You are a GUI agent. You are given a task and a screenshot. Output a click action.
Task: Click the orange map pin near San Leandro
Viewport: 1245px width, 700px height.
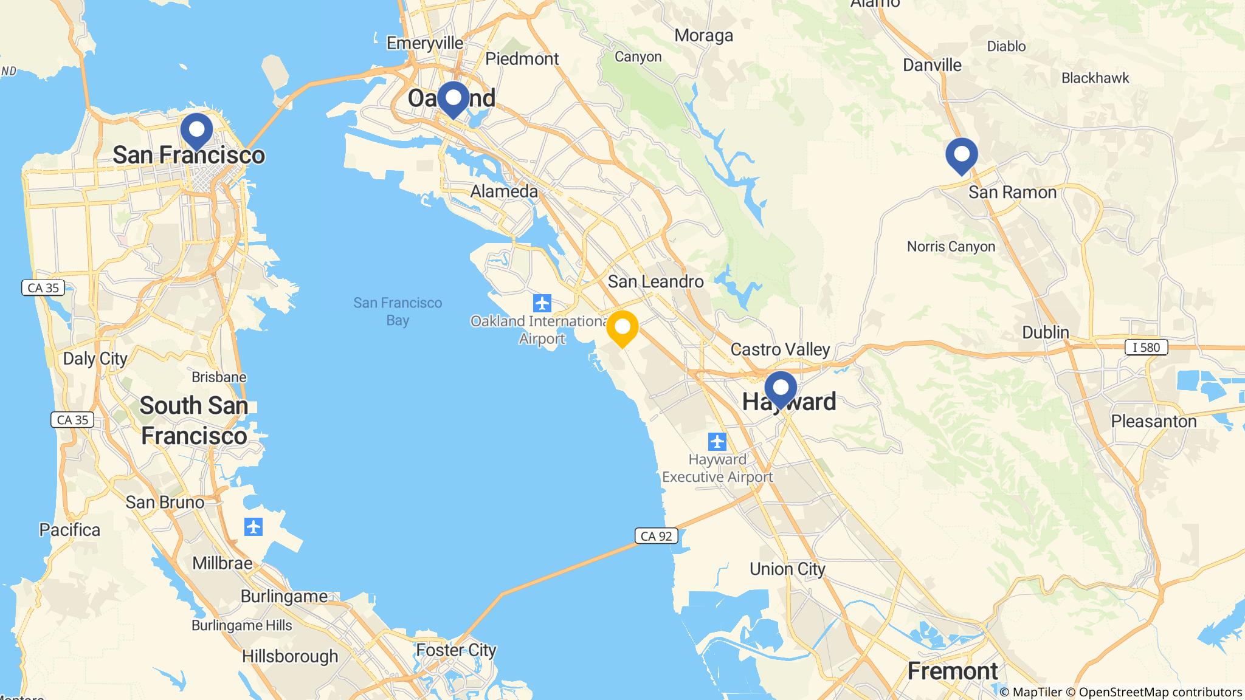coord(622,328)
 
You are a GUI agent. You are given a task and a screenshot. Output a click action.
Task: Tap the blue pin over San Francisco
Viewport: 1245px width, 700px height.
coord(197,131)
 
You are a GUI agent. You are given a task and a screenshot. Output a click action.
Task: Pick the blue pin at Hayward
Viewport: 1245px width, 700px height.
coord(781,389)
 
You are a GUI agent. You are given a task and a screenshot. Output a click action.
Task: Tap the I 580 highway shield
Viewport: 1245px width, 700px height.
coord(1147,348)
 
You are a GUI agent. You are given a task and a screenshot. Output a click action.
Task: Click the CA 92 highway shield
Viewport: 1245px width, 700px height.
coord(657,536)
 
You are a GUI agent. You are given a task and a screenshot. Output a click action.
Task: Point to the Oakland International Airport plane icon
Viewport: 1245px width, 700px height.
coord(542,302)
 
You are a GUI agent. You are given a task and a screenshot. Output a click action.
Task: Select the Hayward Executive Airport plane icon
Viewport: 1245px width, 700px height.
coord(717,441)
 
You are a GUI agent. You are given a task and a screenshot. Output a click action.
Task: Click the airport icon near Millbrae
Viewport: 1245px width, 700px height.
coord(253,527)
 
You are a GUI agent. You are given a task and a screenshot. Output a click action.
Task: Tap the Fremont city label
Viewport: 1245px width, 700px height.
coord(953,671)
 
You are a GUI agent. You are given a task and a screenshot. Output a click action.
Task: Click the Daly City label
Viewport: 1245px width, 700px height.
coord(95,359)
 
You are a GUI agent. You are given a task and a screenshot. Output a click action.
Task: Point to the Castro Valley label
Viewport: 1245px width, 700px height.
coord(780,349)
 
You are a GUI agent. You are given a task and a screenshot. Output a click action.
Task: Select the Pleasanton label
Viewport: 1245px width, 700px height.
coord(1153,421)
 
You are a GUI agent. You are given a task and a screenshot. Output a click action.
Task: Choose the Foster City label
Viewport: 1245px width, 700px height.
coord(456,650)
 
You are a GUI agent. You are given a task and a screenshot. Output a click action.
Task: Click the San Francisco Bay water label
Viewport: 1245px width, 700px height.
coord(398,311)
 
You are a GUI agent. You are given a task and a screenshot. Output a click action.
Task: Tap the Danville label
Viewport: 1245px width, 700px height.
coord(932,65)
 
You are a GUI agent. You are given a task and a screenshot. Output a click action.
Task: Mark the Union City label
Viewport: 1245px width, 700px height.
coord(787,569)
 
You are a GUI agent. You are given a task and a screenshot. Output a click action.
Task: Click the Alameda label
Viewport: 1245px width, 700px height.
coord(504,191)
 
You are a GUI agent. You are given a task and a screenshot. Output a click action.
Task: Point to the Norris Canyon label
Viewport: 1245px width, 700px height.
coord(951,247)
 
